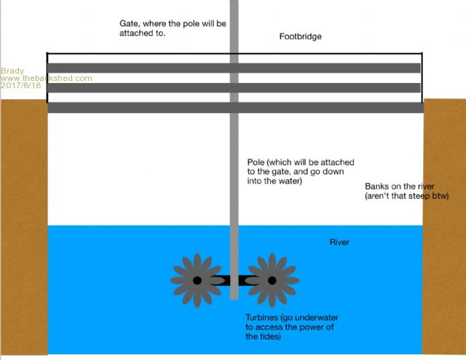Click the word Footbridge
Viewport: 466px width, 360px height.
click(x=300, y=36)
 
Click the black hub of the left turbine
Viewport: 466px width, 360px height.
click(x=197, y=280)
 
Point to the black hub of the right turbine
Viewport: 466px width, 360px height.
click(x=272, y=280)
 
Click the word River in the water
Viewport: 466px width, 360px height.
click(x=340, y=241)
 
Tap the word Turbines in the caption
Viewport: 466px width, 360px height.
click(x=263, y=318)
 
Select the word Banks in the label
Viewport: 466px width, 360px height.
click(x=377, y=187)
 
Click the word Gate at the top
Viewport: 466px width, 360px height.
click(x=130, y=23)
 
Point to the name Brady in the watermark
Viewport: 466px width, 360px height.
click(x=12, y=71)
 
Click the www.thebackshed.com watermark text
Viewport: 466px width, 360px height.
click(x=47, y=78)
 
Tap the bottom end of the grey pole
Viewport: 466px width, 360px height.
click(x=234, y=296)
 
